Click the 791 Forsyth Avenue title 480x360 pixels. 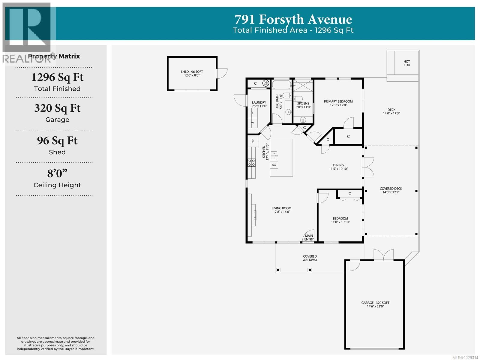click(x=293, y=20)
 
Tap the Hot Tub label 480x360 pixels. click(x=406, y=63)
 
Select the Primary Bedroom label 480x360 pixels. click(x=338, y=103)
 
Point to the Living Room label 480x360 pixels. click(x=281, y=210)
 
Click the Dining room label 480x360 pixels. click(x=338, y=167)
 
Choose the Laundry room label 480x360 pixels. click(x=259, y=104)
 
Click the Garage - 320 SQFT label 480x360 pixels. click(x=375, y=304)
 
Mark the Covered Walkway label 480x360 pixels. click(x=310, y=258)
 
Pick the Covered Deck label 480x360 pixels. click(x=391, y=190)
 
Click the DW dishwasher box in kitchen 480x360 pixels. click(x=274, y=165)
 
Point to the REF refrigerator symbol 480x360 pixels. click(x=253, y=141)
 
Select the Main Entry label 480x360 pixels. click(x=309, y=237)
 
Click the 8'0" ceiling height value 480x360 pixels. click(x=57, y=174)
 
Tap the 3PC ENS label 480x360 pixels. click(x=303, y=105)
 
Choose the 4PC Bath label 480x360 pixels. click(x=279, y=101)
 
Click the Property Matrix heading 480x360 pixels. click(x=54, y=56)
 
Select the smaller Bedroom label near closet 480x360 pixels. click(x=340, y=220)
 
